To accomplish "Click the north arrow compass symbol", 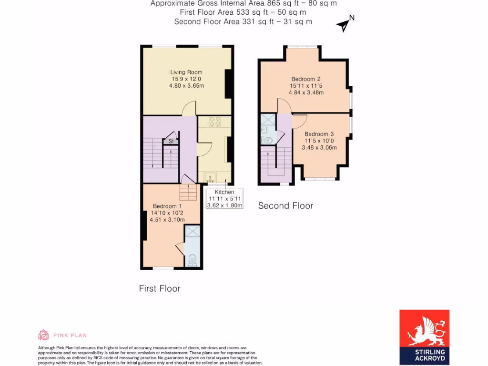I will point(344,24).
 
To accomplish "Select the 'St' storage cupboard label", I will point(170,141).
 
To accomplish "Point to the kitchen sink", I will point(210,178).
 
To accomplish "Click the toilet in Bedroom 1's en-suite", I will point(192,259).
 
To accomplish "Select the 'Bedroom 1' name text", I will point(167,206).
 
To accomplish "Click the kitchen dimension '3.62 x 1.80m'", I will point(224,205).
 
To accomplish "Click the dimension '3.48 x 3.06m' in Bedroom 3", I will point(319,148).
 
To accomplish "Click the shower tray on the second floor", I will point(268,120).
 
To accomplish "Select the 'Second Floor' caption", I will point(285,206).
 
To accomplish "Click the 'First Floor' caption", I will point(160,288).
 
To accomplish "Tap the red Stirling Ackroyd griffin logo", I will point(424,328).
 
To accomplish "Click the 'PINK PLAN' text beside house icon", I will point(70,335).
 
